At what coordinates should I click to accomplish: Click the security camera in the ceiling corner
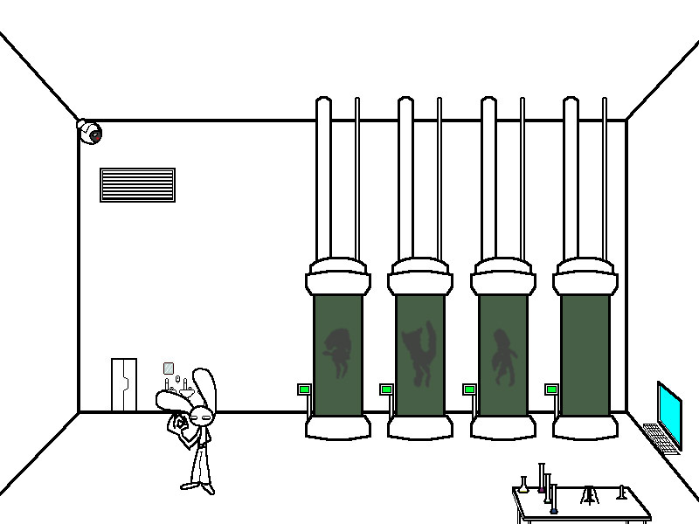point(90,132)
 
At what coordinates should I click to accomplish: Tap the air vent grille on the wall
point(137,184)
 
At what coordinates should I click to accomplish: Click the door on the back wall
point(123,384)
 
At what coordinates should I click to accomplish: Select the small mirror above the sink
point(169,369)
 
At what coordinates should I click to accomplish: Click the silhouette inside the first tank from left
point(337,351)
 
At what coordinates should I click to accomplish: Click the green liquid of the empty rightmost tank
point(584,354)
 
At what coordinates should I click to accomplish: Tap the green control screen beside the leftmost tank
point(304,390)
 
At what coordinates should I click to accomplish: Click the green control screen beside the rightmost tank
point(551,390)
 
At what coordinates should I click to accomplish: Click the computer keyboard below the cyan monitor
point(661,437)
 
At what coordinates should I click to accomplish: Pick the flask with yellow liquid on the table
point(523,486)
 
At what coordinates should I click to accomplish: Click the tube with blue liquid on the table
point(553,501)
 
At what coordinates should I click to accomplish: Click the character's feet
point(197,486)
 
